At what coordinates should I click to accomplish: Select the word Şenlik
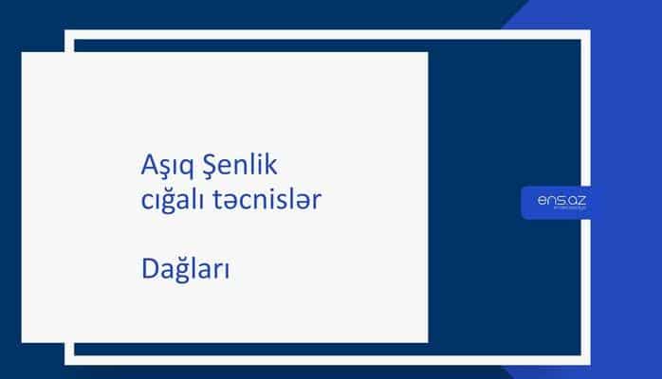pyautogui.click(x=236, y=167)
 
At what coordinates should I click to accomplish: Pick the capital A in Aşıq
pyautogui.click(x=146, y=166)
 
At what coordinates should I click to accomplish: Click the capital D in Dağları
pyautogui.click(x=147, y=268)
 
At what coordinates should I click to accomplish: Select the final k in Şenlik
pyautogui.click(x=270, y=166)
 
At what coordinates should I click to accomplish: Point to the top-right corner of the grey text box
pyautogui.click(x=427, y=53)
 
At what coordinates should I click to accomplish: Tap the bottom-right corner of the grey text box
pyautogui.click(x=427, y=341)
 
